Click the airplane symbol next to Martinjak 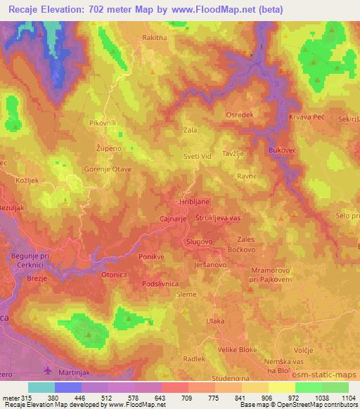[x=48, y=370]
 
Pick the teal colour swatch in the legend [x=42, y=387]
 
